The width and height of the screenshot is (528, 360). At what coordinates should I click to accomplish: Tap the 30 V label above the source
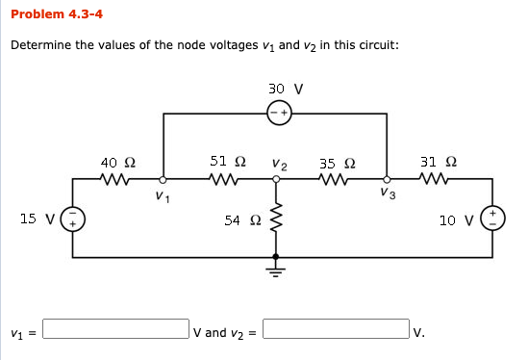(287, 89)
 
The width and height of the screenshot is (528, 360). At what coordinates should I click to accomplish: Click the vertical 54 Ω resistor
(277, 221)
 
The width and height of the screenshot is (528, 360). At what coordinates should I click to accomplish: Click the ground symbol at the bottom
(277, 267)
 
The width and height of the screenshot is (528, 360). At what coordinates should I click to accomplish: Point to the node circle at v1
(163, 179)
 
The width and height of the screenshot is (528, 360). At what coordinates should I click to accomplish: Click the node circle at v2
(277, 179)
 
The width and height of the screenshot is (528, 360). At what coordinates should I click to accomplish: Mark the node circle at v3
(387, 179)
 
